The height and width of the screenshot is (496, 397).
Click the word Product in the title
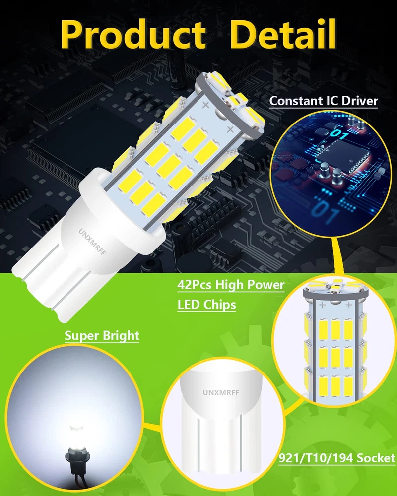pyautogui.click(x=133, y=34)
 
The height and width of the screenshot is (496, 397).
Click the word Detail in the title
pyautogui.click(x=283, y=34)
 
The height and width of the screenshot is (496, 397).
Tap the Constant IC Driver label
pyautogui.click(x=324, y=101)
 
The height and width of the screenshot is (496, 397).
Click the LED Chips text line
pyautogui.click(x=207, y=305)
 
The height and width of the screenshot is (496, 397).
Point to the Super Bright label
pyautogui.click(x=102, y=336)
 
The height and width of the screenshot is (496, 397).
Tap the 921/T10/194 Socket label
pyautogui.click(x=337, y=458)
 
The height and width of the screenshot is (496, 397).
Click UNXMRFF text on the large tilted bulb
pyautogui.click(x=92, y=242)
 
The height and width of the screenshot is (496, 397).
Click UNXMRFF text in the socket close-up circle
pyautogui.click(x=221, y=392)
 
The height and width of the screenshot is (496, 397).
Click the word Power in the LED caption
pyautogui.click(x=265, y=285)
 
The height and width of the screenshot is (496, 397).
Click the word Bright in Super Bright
pyautogui.click(x=121, y=336)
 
